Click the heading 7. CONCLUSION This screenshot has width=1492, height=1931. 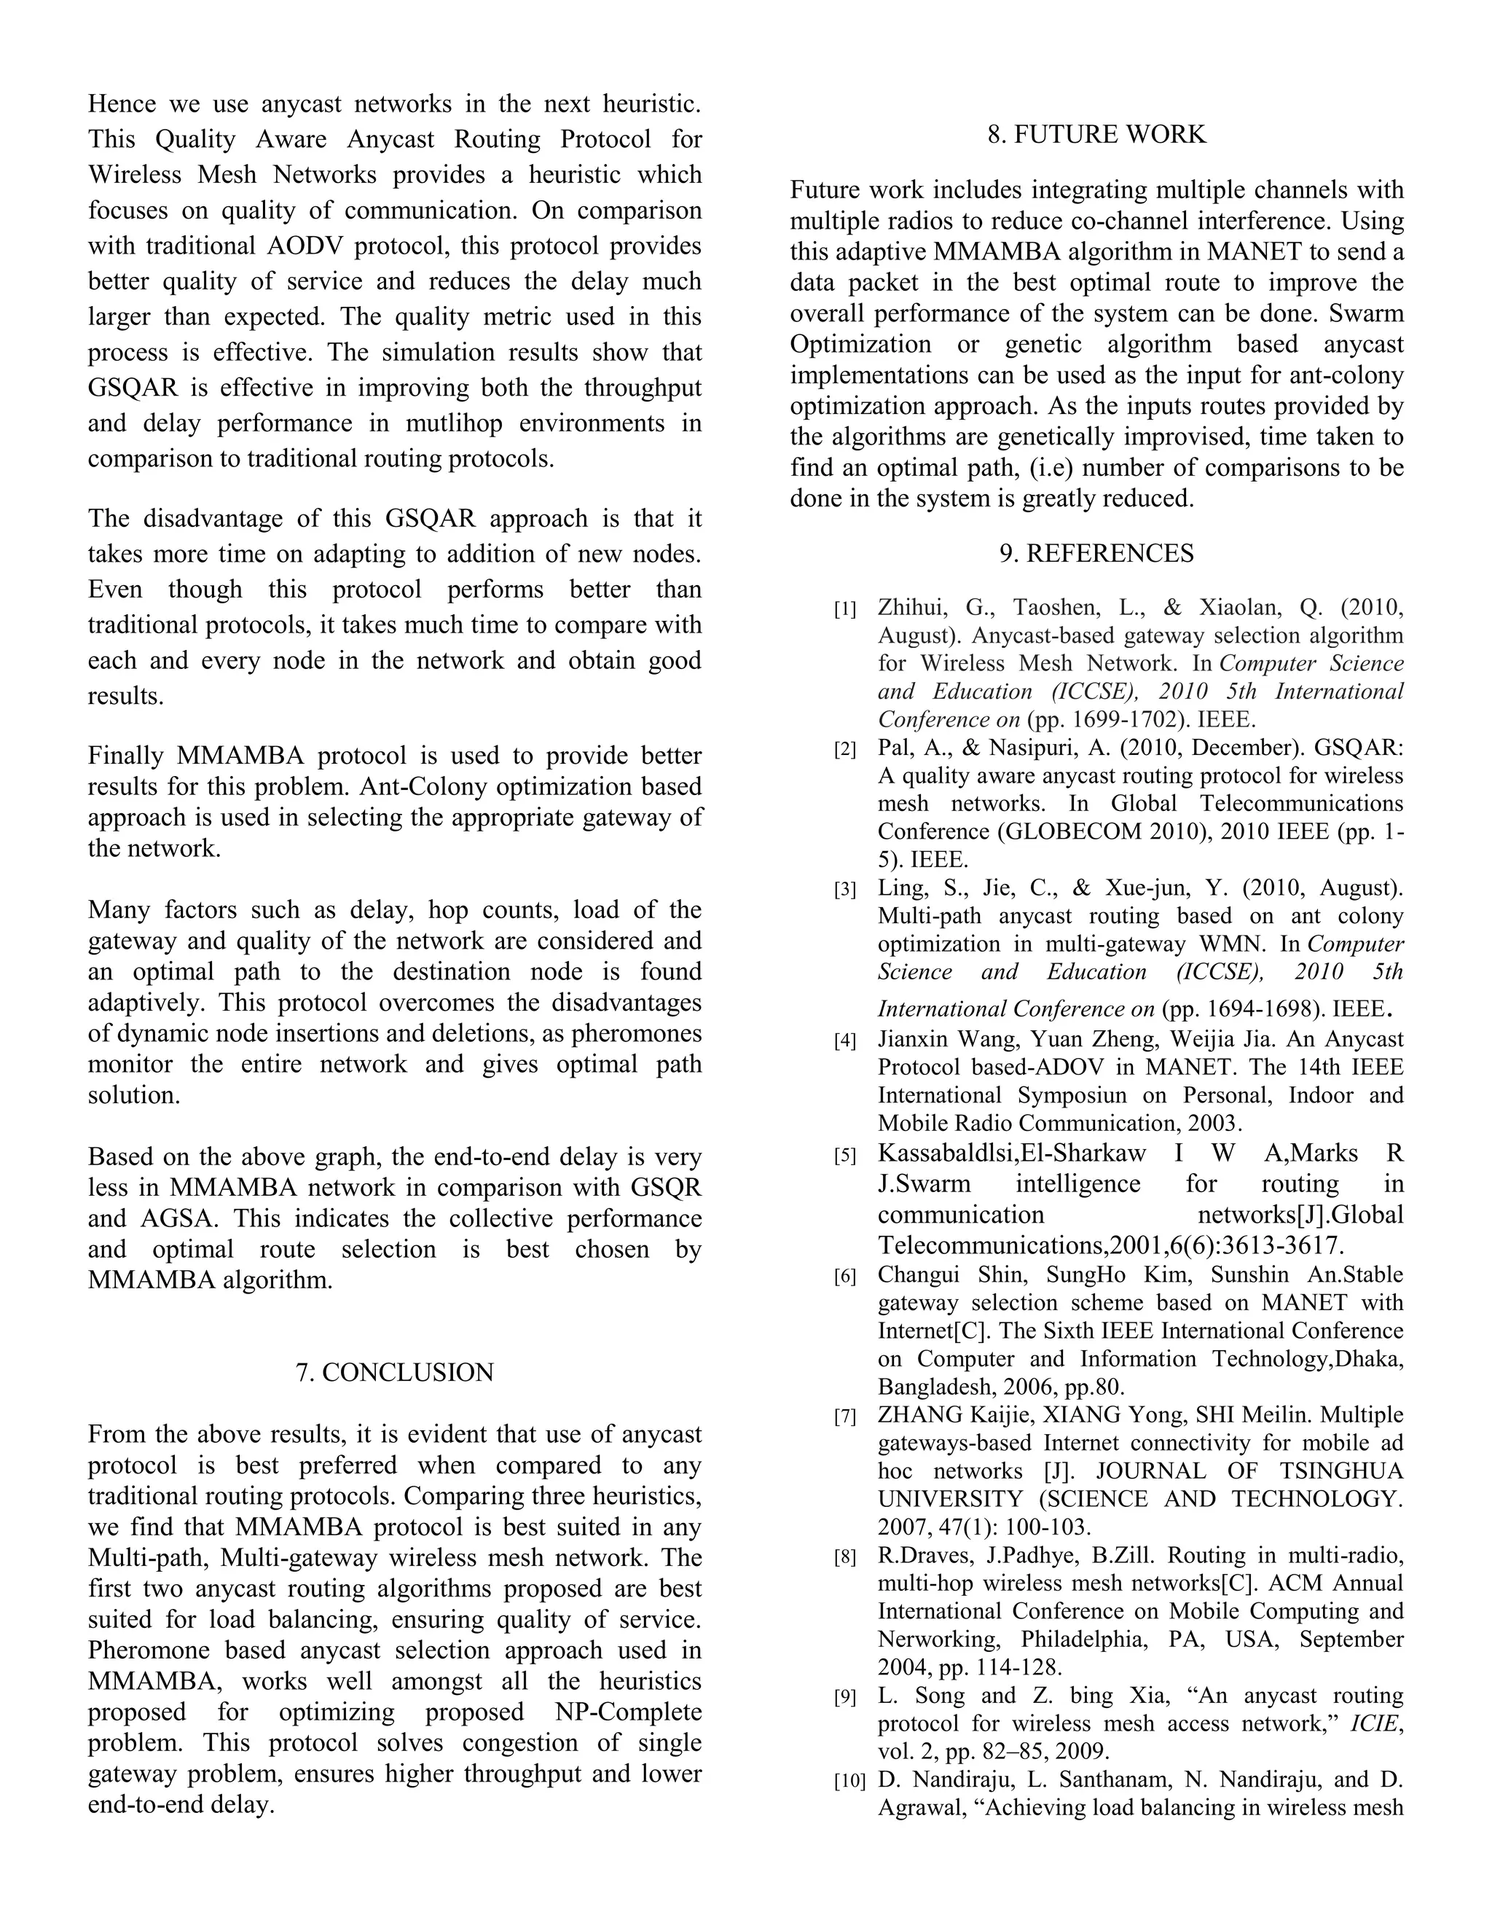[394, 1372]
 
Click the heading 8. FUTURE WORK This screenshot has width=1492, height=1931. [1096, 134]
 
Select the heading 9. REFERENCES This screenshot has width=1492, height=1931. [1096, 554]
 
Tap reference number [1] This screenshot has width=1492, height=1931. [845, 609]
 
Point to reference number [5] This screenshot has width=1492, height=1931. [845, 1156]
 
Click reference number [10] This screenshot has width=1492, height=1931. [849, 1782]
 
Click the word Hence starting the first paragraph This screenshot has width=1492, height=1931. [122, 104]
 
